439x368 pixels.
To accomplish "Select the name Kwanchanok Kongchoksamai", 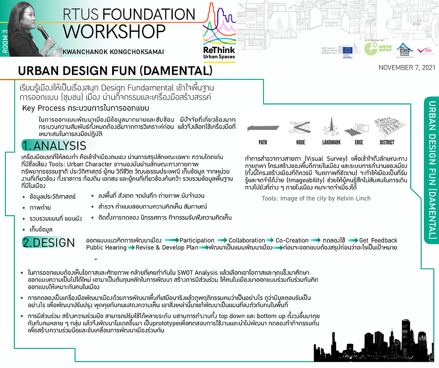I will click(x=113, y=52).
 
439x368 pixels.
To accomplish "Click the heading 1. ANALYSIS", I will click(x=54, y=146).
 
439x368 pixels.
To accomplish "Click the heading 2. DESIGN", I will click(x=49, y=243).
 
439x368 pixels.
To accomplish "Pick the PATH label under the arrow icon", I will click(x=263, y=142).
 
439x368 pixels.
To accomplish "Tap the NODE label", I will click(x=300, y=142).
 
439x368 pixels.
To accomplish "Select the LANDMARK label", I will click(x=331, y=142).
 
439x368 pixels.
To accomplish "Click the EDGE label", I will click(x=359, y=142).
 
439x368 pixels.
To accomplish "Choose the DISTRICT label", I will click(x=387, y=142).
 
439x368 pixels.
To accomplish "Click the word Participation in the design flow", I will click(x=197, y=240).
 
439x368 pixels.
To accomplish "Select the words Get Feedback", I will click(x=378, y=240).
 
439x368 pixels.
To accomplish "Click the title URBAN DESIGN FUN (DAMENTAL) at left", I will click(x=114, y=71).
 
